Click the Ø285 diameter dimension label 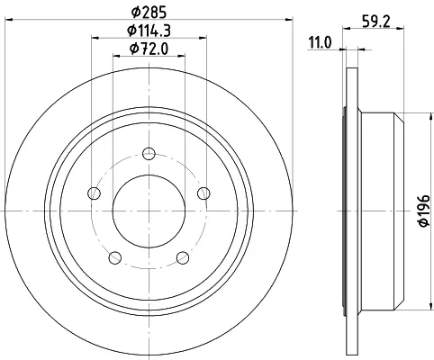149,12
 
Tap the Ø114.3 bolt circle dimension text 149,31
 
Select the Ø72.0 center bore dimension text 149,49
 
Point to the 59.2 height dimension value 376,21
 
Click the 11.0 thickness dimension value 321,42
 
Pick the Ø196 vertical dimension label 424,211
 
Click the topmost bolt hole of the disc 149,154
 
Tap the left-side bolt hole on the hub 94,193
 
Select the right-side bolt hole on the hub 203,193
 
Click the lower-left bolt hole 115,257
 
